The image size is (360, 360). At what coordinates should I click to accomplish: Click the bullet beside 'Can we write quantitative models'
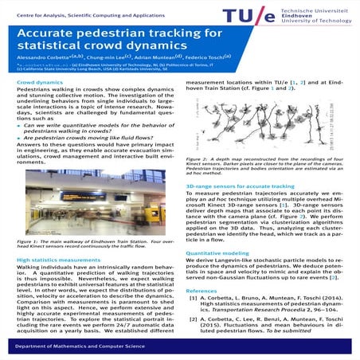tap(19, 127)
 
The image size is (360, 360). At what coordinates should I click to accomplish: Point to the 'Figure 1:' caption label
tap(29, 239)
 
